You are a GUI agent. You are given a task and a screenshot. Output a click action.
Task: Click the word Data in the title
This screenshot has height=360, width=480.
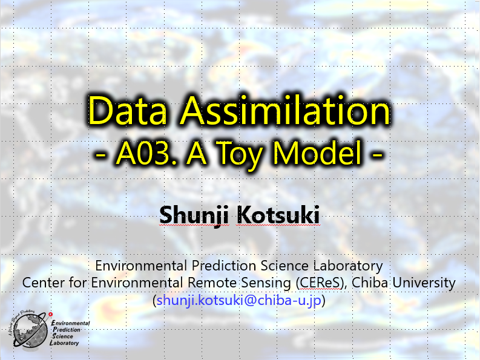point(127,111)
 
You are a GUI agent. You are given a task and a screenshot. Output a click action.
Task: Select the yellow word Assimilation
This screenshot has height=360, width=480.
point(285,111)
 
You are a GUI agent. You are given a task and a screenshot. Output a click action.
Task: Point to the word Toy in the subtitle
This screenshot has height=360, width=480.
point(240,155)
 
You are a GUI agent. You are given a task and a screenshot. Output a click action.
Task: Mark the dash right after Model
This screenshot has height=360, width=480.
point(377,155)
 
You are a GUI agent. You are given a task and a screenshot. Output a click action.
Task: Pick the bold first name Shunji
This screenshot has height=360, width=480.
point(194,215)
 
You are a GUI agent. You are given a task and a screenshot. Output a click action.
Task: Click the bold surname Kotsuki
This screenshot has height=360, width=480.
point(278,215)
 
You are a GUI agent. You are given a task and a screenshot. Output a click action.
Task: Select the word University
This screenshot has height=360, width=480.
point(424,283)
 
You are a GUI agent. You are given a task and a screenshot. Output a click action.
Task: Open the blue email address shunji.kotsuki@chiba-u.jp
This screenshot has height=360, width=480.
point(238,300)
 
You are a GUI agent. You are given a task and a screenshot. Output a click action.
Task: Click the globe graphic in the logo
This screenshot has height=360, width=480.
point(30,331)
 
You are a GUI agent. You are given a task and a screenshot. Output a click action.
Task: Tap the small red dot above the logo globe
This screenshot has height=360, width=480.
point(50,314)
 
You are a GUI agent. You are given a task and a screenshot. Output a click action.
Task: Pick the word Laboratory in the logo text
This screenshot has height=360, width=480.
point(64,343)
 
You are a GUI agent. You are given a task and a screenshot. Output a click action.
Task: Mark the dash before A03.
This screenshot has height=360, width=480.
point(100,155)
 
